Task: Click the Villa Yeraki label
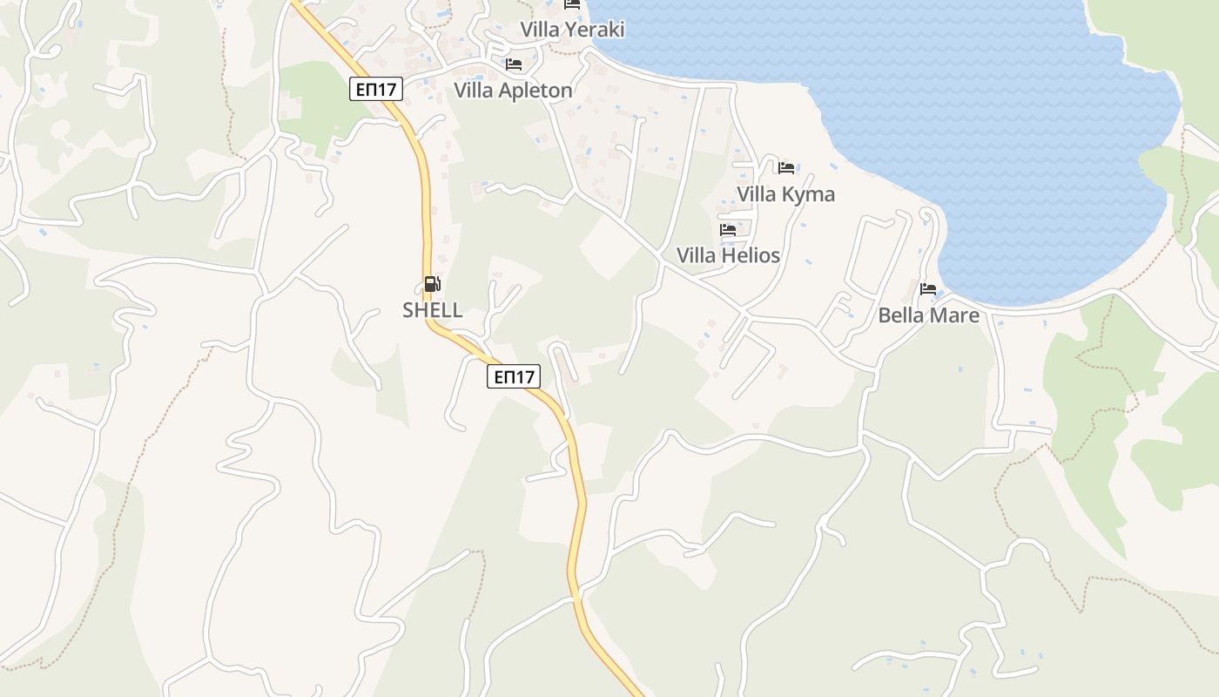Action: pos(572,30)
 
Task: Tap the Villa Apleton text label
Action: pos(513,91)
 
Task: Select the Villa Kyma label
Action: pos(785,194)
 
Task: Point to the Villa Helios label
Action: pos(728,255)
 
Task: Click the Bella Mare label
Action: pos(928,315)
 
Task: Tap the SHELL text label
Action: pos(432,310)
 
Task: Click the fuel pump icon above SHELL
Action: pos(432,283)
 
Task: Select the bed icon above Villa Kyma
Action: pos(786,167)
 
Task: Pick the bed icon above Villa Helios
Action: pos(728,230)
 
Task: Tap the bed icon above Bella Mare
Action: pos(928,288)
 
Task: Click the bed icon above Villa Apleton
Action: pos(514,64)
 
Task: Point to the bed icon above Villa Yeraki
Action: pos(572,4)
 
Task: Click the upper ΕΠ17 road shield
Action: pos(377,89)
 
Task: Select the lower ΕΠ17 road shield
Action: pos(513,376)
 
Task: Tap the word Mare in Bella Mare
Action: pos(956,315)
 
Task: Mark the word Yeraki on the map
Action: pos(595,30)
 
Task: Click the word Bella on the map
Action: pos(899,315)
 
